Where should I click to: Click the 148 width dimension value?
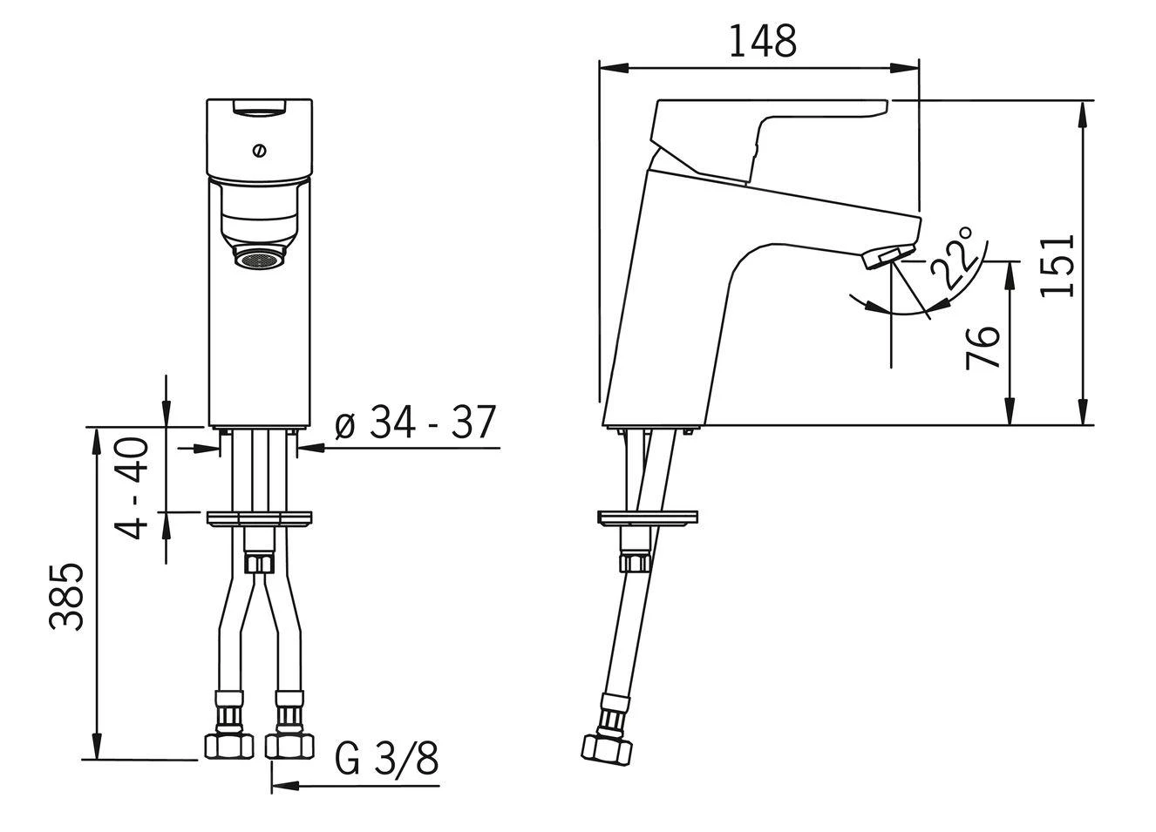pyautogui.click(x=762, y=41)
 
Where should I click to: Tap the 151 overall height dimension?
pyautogui.click(x=1057, y=266)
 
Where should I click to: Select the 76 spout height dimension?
pyautogui.click(x=983, y=348)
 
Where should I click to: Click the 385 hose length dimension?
pyautogui.click(x=65, y=598)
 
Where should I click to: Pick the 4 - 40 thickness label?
pyautogui.click(x=131, y=488)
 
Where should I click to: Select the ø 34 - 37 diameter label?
pyautogui.click(x=415, y=422)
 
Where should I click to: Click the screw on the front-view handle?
pyautogui.click(x=260, y=151)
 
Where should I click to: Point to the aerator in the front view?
pyautogui.click(x=260, y=256)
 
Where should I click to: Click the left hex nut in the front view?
pyautogui.click(x=228, y=747)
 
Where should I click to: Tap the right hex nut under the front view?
pyautogui.click(x=289, y=747)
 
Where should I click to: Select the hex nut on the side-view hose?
pyautogui.click(x=607, y=747)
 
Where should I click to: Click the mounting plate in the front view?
pyautogui.click(x=259, y=518)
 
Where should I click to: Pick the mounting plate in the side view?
pyautogui.click(x=648, y=517)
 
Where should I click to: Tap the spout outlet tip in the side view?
pyautogui.click(x=888, y=257)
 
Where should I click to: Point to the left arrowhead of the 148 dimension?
pyautogui.click(x=614, y=68)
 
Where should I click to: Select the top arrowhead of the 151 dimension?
pyautogui.click(x=1084, y=114)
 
